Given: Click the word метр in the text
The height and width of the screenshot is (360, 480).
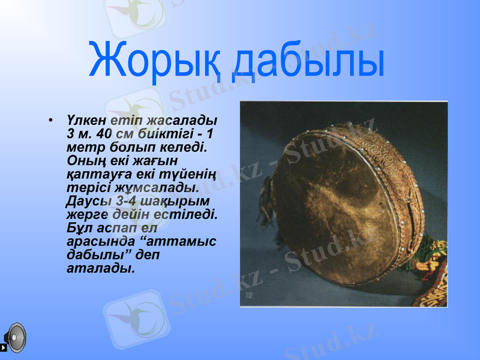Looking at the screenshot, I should click(86, 147).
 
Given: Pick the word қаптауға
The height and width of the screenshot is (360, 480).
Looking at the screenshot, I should click(94, 173).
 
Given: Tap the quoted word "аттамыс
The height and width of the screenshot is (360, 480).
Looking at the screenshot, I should click(181, 241).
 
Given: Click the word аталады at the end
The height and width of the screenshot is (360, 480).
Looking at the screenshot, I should click(100, 268).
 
